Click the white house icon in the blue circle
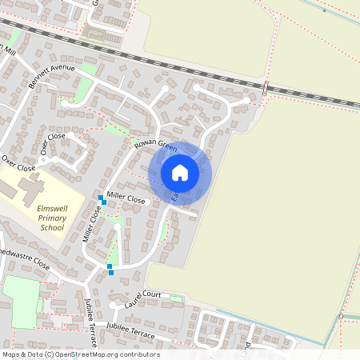180,172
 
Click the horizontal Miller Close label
126,199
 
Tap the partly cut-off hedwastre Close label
25,258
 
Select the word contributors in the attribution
138,354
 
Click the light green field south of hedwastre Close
19,300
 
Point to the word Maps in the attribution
12,354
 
